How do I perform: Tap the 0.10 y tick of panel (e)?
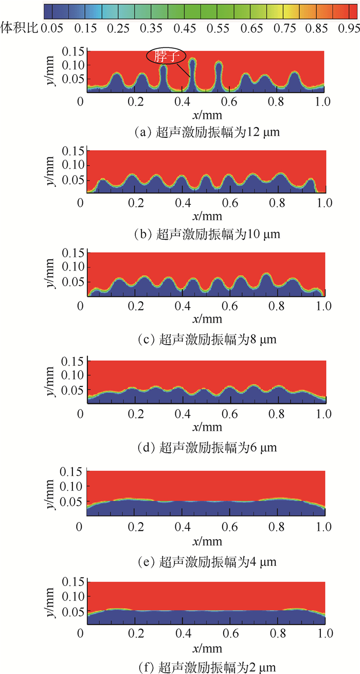point(72,486)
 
